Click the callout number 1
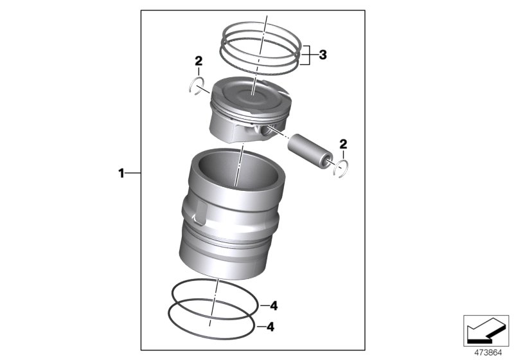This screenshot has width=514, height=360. coord(120,173)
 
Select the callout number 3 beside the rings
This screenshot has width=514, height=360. coord(323,55)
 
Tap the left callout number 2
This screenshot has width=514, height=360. coord(199,62)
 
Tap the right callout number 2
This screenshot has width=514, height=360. coord(343,143)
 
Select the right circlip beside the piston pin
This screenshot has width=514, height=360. coord(342,170)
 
